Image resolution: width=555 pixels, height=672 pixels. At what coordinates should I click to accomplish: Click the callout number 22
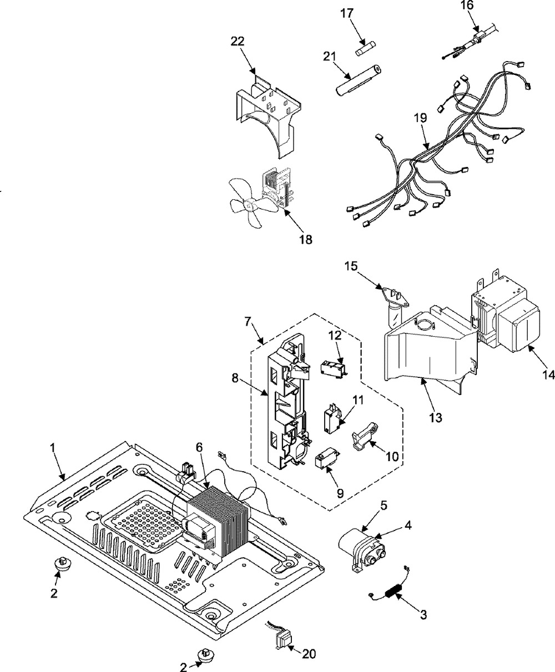pos(237,42)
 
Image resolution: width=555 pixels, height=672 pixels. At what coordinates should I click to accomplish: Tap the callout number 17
pos(347,13)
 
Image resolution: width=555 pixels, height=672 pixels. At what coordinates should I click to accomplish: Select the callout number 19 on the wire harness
pos(421,118)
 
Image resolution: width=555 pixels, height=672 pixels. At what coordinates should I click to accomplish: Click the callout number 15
pos(351,266)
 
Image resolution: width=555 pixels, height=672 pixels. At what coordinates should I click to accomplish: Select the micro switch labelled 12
pos(335,367)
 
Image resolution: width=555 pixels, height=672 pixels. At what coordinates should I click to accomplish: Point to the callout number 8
pos(235,378)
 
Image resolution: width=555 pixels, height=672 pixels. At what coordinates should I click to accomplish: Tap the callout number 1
pos(53,448)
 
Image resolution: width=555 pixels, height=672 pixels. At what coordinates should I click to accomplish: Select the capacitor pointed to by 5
pos(361,548)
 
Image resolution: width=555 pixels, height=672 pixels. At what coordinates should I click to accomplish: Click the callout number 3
pos(423,614)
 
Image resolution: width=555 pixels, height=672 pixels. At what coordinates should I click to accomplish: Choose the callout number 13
pos(435,418)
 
